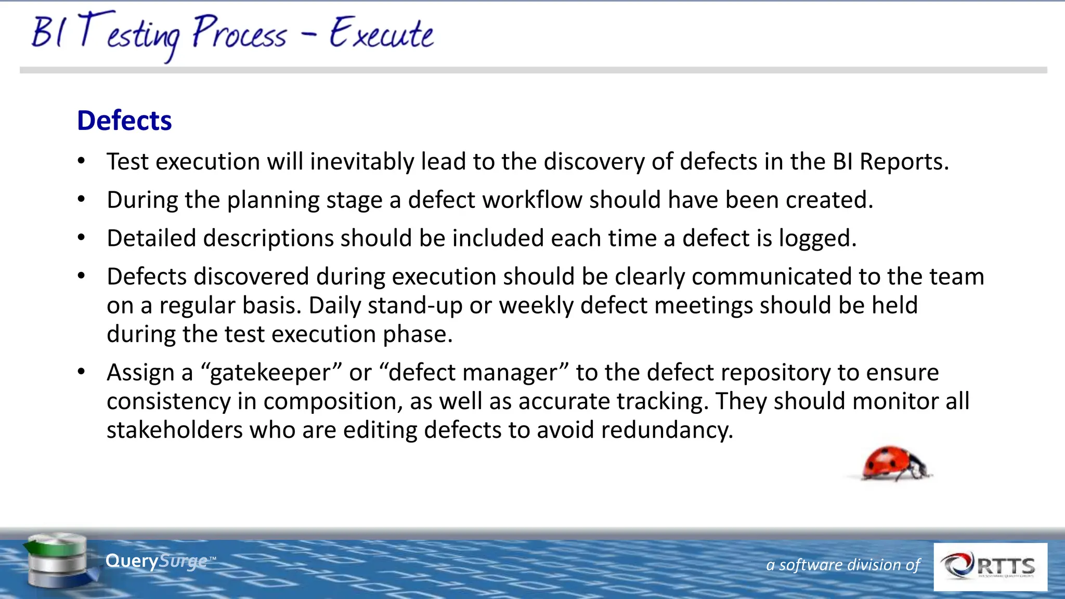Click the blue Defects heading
tap(124, 121)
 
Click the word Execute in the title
tap(381, 33)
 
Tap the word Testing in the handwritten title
tap(130, 34)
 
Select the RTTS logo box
tap(990, 567)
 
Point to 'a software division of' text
tap(842, 565)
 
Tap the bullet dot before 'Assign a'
tap(81, 372)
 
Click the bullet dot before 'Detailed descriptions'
tap(81, 238)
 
